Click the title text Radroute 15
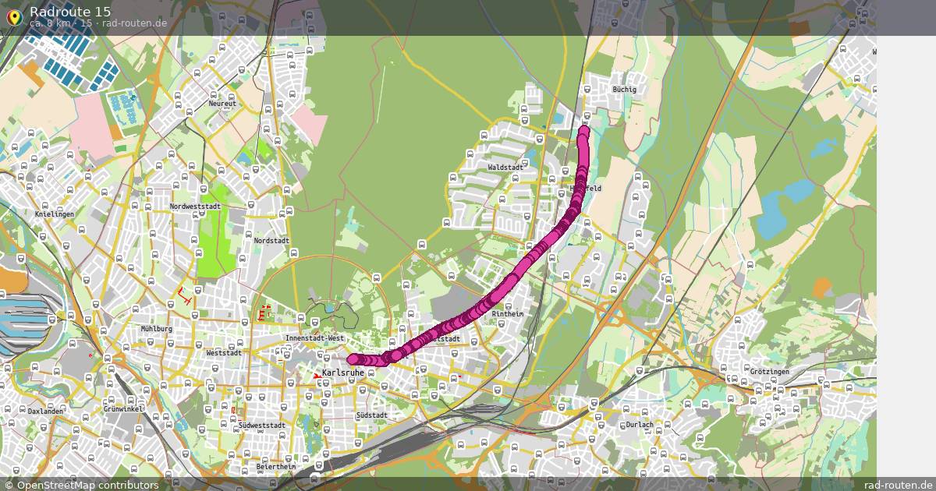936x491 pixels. pyautogui.click(x=70, y=11)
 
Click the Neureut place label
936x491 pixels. pyautogui.click(x=222, y=104)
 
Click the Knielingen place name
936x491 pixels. pyautogui.click(x=55, y=214)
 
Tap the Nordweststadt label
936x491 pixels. pyautogui.click(x=195, y=207)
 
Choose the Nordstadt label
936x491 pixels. pyautogui.click(x=271, y=241)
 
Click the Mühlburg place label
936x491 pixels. pyautogui.click(x=156, y=329)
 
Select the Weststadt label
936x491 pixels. pyautogui.click(x=224, y=352)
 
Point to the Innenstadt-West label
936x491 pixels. pyautogui.click(x=314, y=338)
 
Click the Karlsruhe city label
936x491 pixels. pyautogui.click(x=343, y=373)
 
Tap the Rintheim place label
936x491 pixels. pyautogui.click(x=508, y=314)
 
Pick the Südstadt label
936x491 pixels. pyautogui.click(x=370, y=415)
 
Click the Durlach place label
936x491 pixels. pyautogui.click(x=640, y=425)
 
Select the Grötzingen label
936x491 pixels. pyautogui.click(x=768, y=372)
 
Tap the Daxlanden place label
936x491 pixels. pyautogui.click(x=45, y=410)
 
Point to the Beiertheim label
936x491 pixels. pyautogui.click(x=276, y=467)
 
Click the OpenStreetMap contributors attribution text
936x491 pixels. pyautogui.click(x=87, y=485)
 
